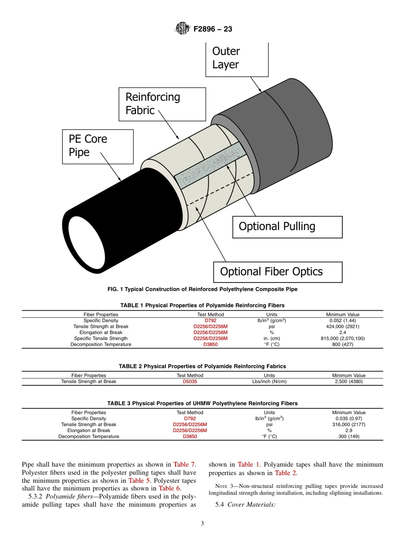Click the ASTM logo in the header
(x=182, y=29)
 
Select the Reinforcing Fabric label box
(x=162, y=104)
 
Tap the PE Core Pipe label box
(x=98, y=146)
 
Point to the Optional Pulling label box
(x=287, y=227)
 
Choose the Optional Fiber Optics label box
(x=278, y=272)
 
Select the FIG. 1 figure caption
(x=202, y=289)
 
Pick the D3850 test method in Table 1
(x=211, y=344)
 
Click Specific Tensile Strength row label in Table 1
(x=101, y=338)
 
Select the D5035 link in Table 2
(x=190, y=381)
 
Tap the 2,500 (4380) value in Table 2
(x=349, y=381)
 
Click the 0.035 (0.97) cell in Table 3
(x=349, y=418)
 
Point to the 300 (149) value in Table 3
(x=349, y=436)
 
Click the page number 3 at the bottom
(x=202, y=524)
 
